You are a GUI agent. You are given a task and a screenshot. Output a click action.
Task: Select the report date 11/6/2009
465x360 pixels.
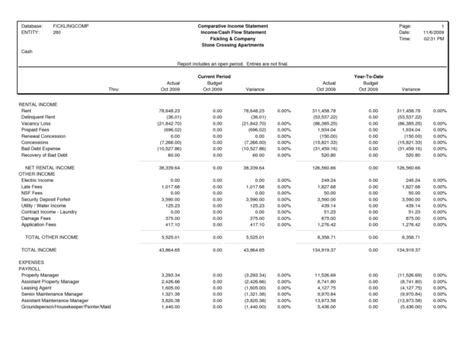pos(431,32)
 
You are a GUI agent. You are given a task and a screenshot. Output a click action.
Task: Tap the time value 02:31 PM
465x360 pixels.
pos(433,38)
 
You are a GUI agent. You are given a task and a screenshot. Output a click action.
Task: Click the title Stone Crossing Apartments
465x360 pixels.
pos(232,45)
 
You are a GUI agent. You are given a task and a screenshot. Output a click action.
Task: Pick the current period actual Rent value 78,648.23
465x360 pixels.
pos(169,111)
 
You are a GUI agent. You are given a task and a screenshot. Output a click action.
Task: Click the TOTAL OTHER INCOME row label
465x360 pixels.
pos(51,235)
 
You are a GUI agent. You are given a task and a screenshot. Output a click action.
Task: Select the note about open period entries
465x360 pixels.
pos(232,63)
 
